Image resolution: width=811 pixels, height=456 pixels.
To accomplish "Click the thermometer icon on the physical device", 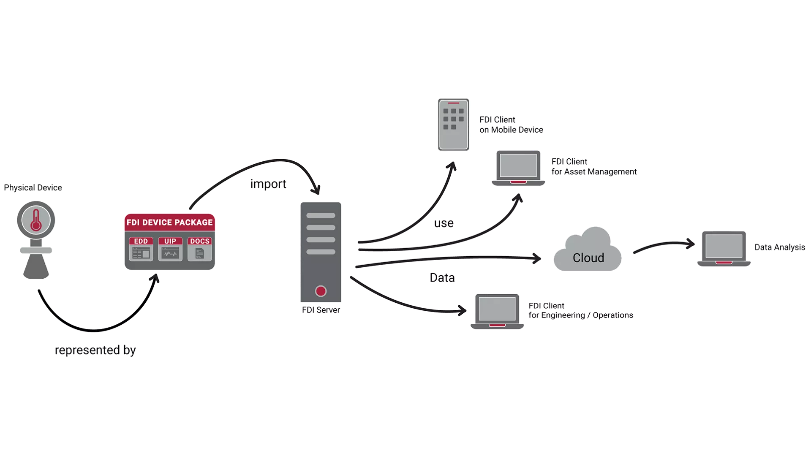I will (36, 220).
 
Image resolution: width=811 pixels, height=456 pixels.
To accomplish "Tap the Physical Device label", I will (33, 187).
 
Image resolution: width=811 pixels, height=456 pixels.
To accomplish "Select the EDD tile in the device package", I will (141, 249).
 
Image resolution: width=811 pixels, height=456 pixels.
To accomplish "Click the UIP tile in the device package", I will (170, 249).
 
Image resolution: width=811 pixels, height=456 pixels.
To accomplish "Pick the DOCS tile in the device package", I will (200, 249).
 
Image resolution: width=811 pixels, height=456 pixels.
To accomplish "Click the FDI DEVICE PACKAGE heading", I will (169, 223).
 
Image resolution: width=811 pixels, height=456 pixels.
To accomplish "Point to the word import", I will (268, 184).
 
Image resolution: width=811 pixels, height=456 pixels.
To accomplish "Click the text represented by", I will (95, 350).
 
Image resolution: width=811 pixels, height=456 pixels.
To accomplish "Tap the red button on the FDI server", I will (321, 291).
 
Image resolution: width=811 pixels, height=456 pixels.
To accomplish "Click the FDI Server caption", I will (321, 310).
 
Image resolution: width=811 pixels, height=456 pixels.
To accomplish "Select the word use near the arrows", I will (444, 223).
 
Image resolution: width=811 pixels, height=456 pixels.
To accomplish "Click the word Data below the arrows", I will (442, 277).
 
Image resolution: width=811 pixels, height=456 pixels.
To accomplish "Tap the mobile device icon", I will (453, 125).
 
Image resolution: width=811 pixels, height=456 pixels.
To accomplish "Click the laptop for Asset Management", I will (518, 168).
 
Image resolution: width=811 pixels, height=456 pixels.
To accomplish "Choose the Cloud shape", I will (588, 253).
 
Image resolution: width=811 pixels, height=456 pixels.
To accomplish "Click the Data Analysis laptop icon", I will (724, 248).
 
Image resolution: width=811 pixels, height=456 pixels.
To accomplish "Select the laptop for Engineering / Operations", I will (497, 311).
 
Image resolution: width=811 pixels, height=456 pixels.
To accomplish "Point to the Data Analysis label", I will (779, 247).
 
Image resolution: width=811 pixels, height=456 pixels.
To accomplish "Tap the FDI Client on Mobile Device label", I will (511, 125).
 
